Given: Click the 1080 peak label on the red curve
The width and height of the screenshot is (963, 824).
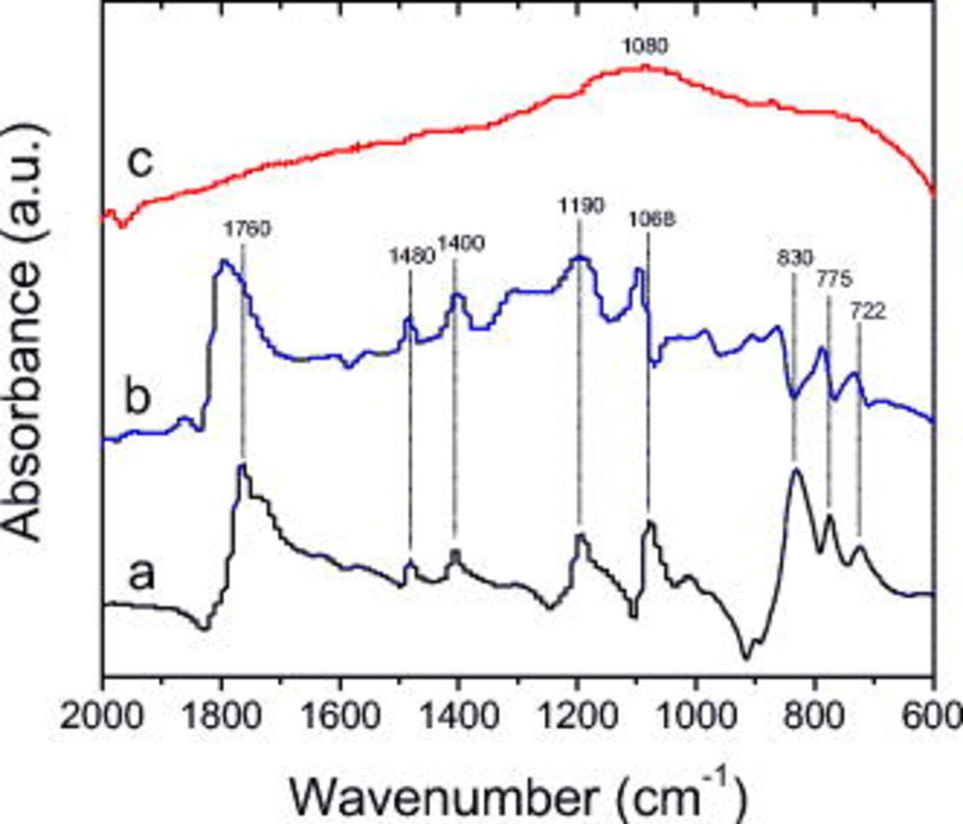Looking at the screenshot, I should coord(645,47).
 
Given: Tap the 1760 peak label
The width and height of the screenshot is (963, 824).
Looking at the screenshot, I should coord(247,229).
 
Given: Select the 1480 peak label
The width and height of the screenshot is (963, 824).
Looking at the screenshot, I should coord(412,256).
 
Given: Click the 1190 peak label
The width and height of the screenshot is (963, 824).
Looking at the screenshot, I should coord(580,205).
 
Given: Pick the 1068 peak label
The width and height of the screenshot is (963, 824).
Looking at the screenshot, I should coord(652,219).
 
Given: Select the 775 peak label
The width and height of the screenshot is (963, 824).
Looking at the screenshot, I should coord(834,279).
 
